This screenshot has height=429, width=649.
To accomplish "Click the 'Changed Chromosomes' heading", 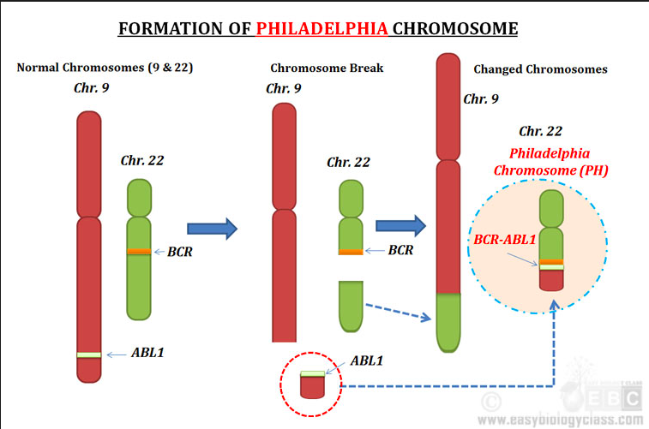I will click(x=540, y=69).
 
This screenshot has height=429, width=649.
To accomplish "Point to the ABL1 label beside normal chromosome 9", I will click(x=149, y=352).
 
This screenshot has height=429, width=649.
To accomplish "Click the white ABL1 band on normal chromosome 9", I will click(x=88, y=355).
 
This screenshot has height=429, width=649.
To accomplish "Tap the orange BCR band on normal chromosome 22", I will click(x=138, y=251).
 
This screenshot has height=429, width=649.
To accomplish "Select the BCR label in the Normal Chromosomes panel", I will click(x=180, y=252).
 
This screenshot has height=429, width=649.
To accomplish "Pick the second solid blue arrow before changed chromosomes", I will click(x=400, y=225).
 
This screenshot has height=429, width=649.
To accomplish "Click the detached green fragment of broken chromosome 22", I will click(x=351, y=305).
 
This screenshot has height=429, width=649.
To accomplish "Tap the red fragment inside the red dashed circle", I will click(x=312, y=386).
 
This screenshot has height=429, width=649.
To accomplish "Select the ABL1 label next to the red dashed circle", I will click(x=366, y=360).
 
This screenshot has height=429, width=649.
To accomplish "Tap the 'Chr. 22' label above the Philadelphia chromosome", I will click(x=540, y=131).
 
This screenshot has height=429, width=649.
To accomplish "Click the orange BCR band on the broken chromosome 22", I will click(x=350, y=252).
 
